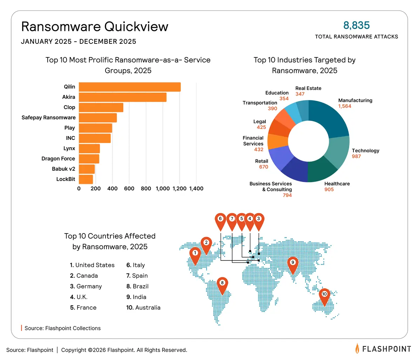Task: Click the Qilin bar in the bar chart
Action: [129, 87]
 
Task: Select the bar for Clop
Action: [101, 107]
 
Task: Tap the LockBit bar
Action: [86, 179]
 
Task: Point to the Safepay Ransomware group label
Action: [48, 117]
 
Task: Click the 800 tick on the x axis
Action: [146, 189]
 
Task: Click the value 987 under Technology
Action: [356, 156]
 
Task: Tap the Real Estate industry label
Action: [308, 88]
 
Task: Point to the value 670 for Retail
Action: [264, 167]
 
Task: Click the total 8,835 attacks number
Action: [357, 25]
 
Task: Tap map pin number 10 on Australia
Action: [324, 296]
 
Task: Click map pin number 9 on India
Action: [292, 264]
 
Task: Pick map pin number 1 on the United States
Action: [195, 254]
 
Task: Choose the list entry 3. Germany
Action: [86, 286]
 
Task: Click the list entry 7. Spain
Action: [137, 276]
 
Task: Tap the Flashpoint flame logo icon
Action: [357, 348]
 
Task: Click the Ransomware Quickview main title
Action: [95, 27]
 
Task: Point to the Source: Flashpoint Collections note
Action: [62, 328]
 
